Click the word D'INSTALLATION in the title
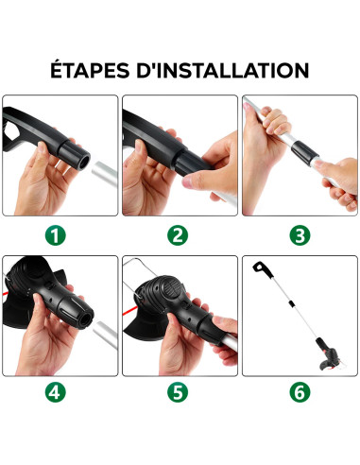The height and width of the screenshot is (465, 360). point(229,70)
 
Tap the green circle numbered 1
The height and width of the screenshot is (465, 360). point(60,234)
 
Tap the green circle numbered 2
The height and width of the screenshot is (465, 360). point(180,234)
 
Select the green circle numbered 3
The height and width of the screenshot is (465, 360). point(300,234)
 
